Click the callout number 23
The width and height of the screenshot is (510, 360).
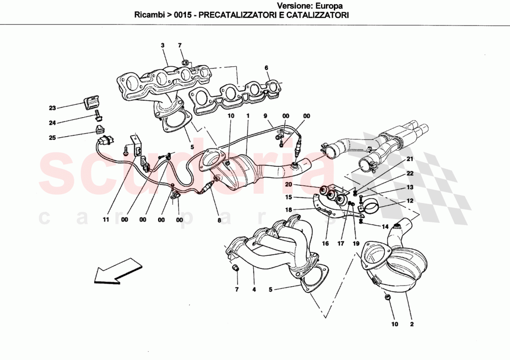[52, 108]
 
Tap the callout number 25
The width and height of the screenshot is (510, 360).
[52, 137]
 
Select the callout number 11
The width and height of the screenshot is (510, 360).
[106, 220]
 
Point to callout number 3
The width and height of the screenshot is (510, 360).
[163, 45]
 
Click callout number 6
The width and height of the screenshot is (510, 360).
[267, 68]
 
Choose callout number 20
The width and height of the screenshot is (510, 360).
[288, 184]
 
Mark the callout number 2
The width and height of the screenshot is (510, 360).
[411, 324]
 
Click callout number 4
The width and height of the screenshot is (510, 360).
[254, 290]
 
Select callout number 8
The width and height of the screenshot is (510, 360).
[219, 221]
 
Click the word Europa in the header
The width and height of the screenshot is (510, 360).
[329, 6]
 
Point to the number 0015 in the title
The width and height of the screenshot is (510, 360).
[182, 15]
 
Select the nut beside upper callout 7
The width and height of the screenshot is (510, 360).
[185, 61]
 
